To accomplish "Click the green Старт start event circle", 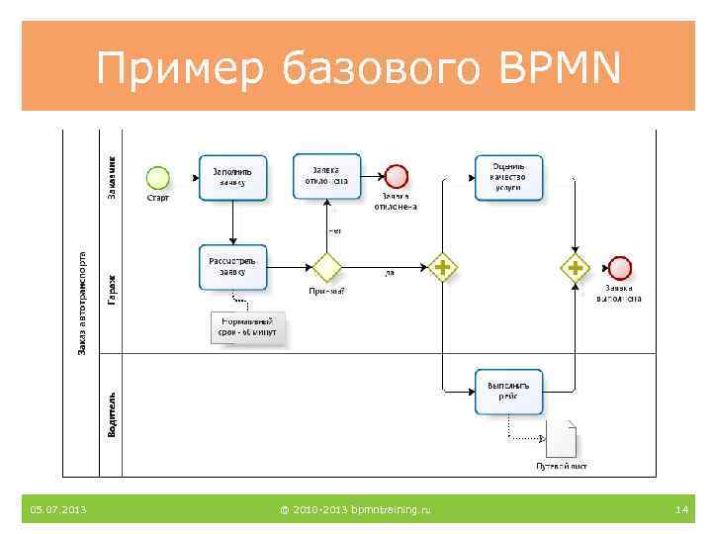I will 158,177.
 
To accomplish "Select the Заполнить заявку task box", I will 232,177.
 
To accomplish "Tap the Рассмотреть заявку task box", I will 232,267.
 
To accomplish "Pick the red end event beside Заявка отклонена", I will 397,177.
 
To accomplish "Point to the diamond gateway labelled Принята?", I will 326,267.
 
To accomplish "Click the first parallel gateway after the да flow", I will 442,267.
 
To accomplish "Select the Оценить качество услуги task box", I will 508,177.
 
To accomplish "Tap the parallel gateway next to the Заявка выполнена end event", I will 576,267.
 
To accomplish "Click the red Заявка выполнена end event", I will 620,267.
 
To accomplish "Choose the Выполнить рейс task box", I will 508,392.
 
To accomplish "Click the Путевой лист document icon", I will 561,439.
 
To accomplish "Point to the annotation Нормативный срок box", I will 247,328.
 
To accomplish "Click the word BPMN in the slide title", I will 560,69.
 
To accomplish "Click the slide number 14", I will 680,510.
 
